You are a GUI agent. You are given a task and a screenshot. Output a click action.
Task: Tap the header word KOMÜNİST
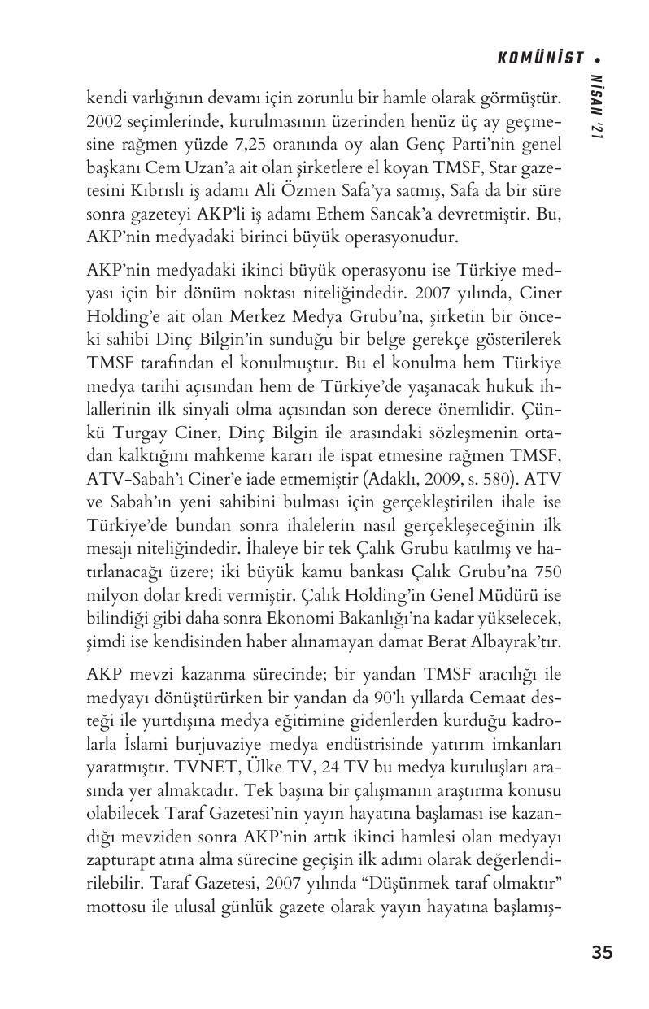point(541,58)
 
